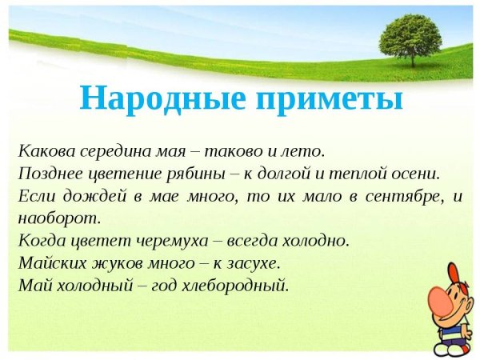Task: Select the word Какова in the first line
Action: pos(42,150)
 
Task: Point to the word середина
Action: pos(111,150)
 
